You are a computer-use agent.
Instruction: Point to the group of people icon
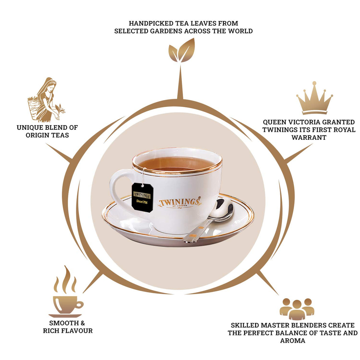pos(297,309)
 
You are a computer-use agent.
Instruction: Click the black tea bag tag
pos(142,197)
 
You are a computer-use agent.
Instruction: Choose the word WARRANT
pos(309,138)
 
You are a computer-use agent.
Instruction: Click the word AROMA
pos(293,341)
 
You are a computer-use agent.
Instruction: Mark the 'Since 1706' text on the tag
pos(142,202)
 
